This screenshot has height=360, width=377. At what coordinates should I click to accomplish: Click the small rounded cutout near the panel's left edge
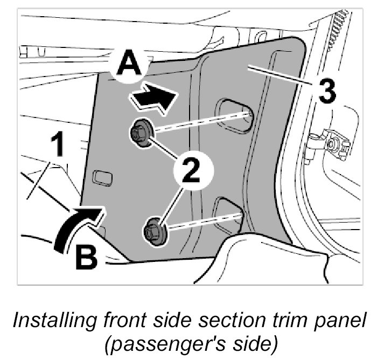coord(102,178)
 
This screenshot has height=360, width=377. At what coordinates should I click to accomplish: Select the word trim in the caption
coord(282,321)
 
